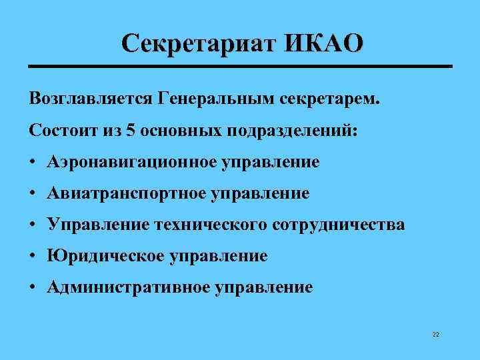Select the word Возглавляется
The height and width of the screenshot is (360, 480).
click(x=91, y=99)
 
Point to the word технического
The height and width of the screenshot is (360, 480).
click(x=211, y=225)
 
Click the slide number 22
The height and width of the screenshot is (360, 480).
click(x=435, y=335)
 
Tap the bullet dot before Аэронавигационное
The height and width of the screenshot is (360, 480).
click(x=33, y=162)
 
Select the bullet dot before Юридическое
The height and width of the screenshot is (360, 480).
click(x=33, y=256)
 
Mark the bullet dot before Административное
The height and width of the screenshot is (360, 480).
click(x=33, y=287)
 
